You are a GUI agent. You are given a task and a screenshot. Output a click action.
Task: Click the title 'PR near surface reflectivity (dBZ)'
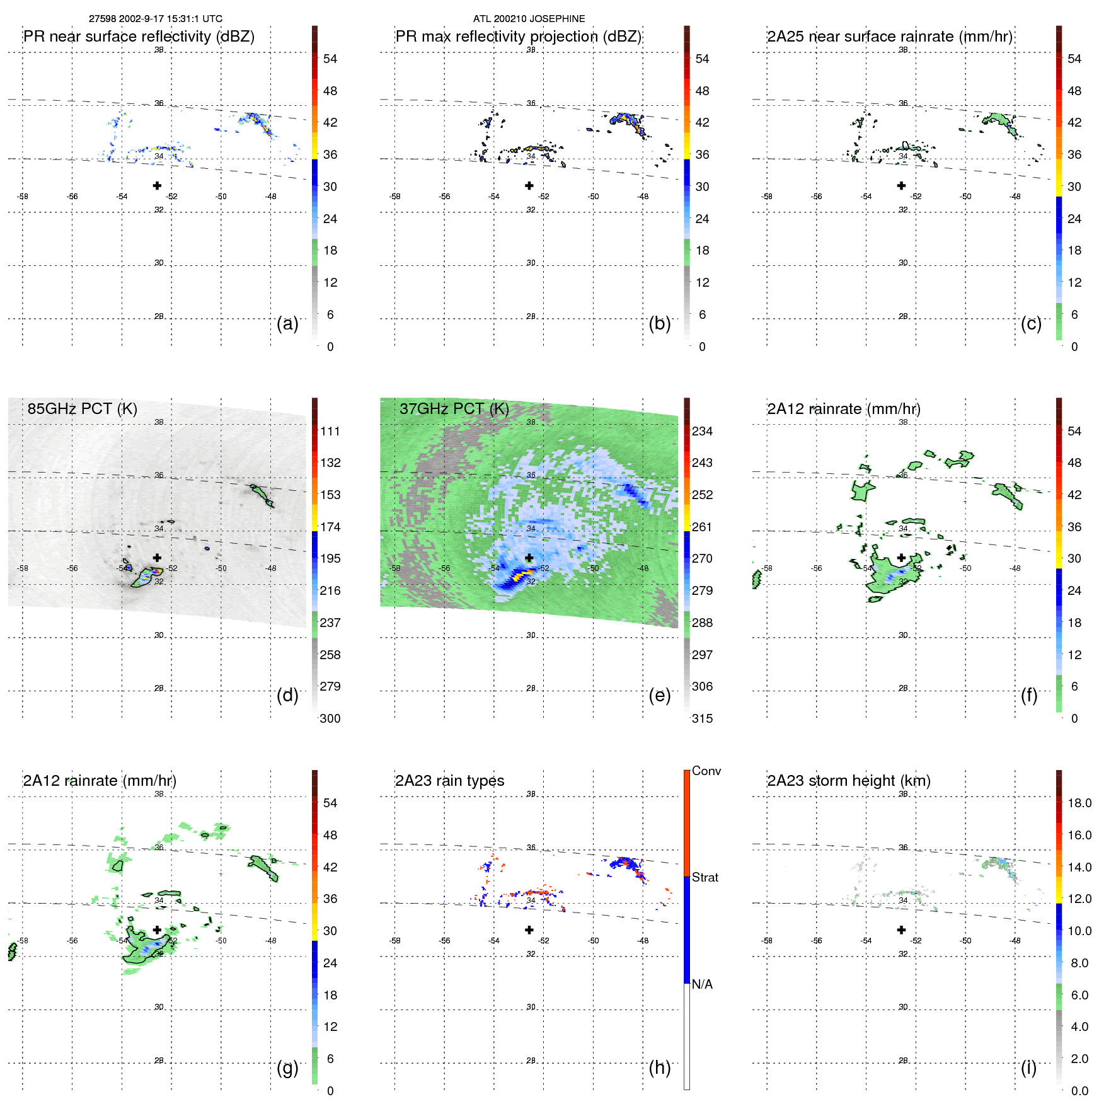point(139,37)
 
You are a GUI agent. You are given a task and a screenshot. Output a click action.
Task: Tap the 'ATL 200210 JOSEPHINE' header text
point(529,19)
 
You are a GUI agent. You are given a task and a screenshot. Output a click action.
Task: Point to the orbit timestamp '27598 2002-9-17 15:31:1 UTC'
point(155,19)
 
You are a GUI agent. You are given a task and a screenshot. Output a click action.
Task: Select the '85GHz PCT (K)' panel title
point(82,409)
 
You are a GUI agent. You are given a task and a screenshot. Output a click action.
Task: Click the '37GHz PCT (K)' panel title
point(454,409)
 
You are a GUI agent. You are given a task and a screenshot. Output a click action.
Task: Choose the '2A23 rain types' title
point(449,781)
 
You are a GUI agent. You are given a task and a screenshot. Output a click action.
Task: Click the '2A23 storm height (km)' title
point(848,781)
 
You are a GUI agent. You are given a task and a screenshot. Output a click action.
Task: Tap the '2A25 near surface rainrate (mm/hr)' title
point(889,37)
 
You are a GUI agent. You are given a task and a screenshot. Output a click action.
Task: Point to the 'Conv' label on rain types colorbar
point(706,771)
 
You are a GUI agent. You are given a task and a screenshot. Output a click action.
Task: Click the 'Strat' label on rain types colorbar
point(705,877)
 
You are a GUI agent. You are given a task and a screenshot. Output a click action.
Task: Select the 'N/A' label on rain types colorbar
point(702,984)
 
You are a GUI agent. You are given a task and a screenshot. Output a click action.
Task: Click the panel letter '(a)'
point(287,323)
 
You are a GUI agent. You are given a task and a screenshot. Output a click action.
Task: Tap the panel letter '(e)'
point(659,695)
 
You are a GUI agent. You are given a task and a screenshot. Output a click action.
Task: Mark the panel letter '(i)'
point(1028,1067)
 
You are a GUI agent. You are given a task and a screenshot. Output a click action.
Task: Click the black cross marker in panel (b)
point(529,186)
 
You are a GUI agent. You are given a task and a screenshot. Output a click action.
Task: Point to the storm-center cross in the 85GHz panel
point(157,558)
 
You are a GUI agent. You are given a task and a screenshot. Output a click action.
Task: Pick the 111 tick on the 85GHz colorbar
point(330,432)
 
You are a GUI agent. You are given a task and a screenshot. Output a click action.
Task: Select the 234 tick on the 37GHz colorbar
point(702,432)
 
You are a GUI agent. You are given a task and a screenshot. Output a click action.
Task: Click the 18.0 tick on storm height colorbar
point(1079,803)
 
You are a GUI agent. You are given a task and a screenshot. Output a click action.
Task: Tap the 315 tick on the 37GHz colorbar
point(702,719)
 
